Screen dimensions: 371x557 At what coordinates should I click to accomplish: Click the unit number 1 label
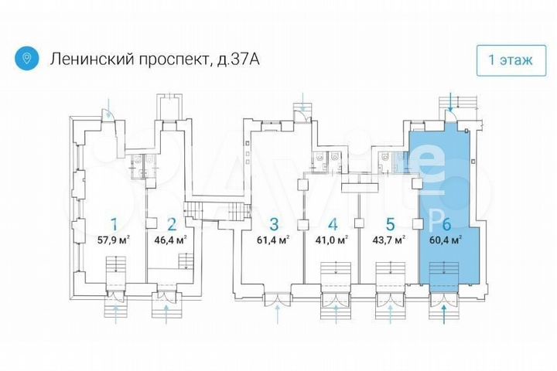pyautogui.click(x=114, y=224)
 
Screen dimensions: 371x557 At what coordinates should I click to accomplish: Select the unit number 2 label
pyautogui.click(x=171, y=224)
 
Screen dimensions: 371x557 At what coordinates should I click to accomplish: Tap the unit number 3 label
pyautogui.click(x=274, y=224)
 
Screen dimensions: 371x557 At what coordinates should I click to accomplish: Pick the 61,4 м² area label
pyautogui.click(x=274, y=240)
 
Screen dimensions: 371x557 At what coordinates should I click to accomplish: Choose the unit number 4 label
pyautogui.click(x=333, y=224)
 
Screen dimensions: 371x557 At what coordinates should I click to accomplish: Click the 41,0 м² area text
pyautogui.click(x=333, y=240)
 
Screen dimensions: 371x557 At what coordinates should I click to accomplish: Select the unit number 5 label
pyautogui.click(x=390, y=224)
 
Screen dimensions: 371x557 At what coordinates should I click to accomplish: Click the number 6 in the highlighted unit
pyautogui.click(x=446, y=224)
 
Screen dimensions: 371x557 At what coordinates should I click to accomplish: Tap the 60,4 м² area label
pyautogui.click(x=446, y=240)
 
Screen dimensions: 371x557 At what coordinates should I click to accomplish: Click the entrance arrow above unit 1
pyautogui.click(x=111, y=104)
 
